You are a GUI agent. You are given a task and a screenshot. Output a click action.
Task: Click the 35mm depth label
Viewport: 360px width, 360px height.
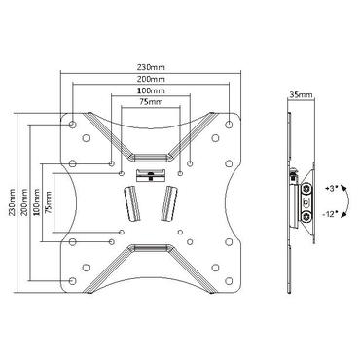301,96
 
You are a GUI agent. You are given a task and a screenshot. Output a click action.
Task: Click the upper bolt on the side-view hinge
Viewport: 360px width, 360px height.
309,190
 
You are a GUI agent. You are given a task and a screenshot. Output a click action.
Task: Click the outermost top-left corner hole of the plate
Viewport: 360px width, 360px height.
74,123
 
